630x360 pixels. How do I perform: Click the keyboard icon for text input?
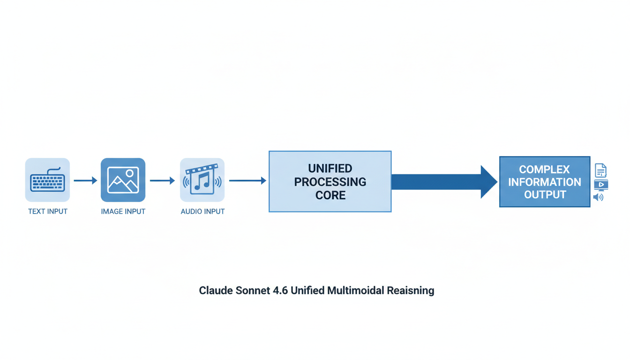coord(47,180)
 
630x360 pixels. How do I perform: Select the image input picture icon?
coord(123,180)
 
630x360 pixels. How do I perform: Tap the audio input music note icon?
coord(202,180)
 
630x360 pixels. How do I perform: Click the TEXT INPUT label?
coord(48,211)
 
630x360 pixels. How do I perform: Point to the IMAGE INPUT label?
coord(123,211)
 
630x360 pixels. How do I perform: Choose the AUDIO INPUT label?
coord(202,211)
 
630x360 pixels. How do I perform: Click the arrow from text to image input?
coord(85,180)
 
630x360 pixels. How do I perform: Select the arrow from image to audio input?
coord(162,180)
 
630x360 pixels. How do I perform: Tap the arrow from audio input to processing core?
coord(247,180)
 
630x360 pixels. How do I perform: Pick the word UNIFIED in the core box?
coord(330,168)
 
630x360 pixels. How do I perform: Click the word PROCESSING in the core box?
coord(330,182)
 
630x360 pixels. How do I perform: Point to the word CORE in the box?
coord(330,195)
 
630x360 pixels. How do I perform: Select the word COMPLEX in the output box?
coord(544,169)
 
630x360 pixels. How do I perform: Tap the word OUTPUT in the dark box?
coord(545,195)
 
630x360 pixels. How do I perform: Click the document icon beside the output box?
coord(600,170)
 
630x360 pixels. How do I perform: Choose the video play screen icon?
coord(601,185)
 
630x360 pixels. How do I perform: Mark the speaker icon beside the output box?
coord(599,197)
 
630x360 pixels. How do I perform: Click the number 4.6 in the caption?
coord(280,291)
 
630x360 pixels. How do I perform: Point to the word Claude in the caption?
coord(216,291)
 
